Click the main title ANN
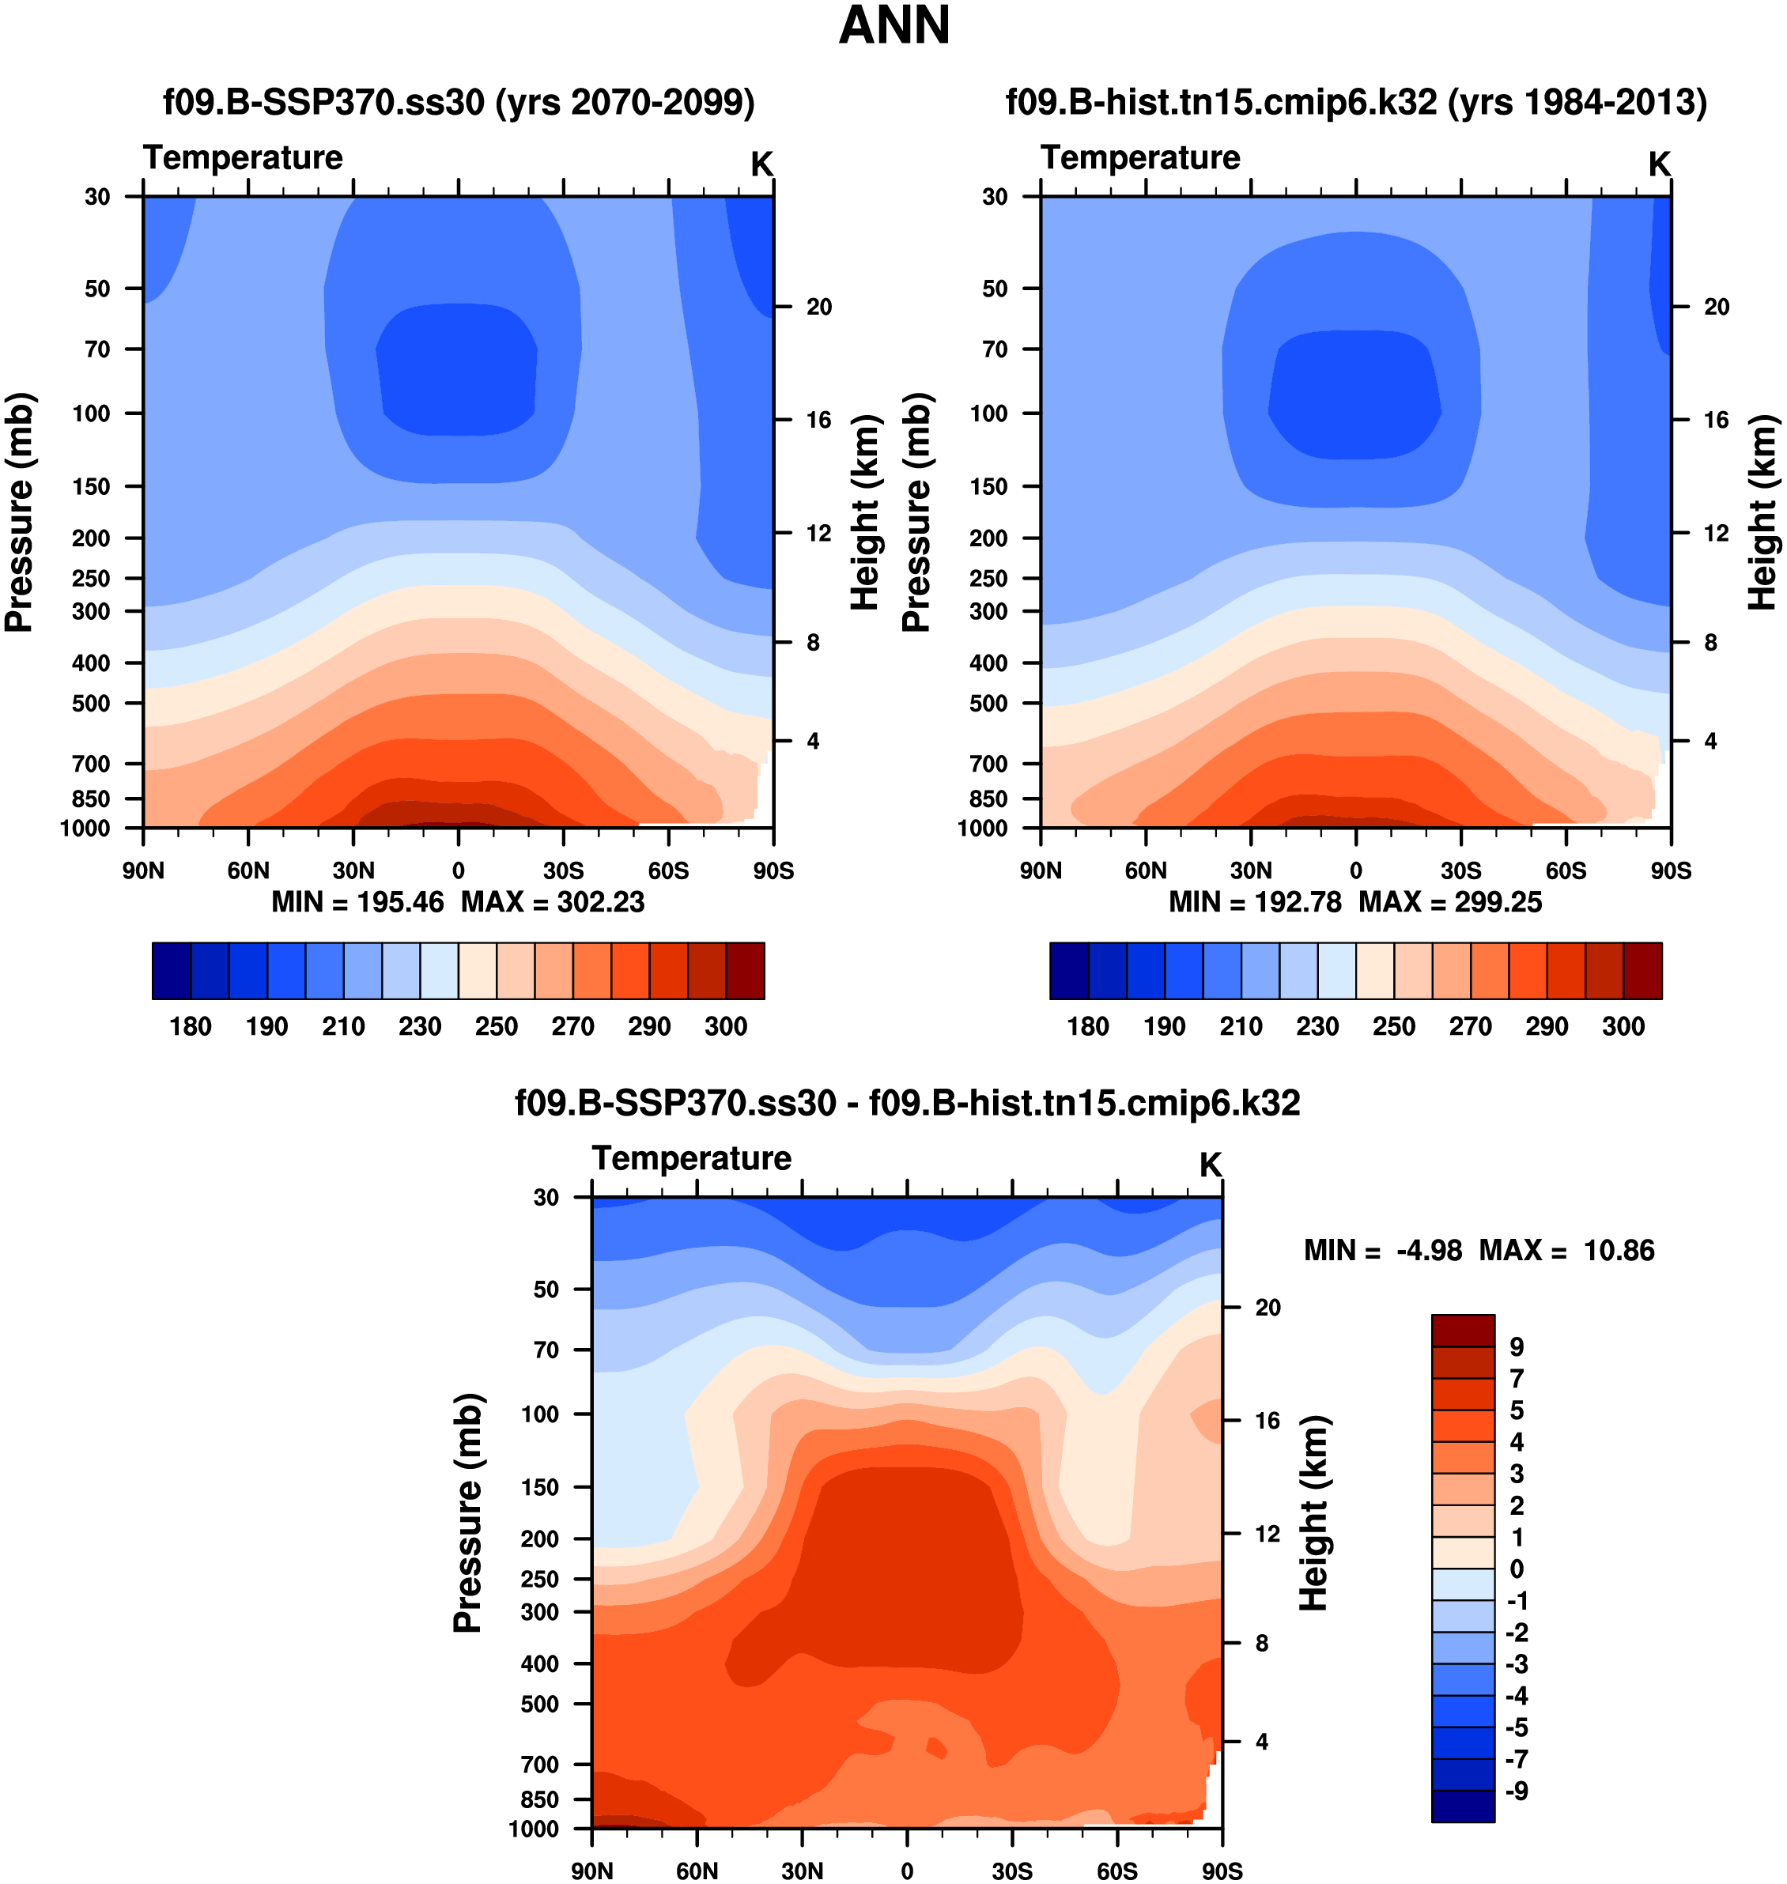893,26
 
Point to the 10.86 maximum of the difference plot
1619,1250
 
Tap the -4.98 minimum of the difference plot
1429,1250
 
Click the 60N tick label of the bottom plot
697,1871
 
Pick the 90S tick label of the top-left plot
773,870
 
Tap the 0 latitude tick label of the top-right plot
1355,870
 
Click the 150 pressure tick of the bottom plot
540,1487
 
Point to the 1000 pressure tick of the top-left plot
85,829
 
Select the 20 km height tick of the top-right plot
1717,307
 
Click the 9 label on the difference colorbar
1517,1347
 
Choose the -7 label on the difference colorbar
1517,1759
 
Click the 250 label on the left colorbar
497,1026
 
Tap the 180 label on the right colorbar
1088,1026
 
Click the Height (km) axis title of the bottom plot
1314,1512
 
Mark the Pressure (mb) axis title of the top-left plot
19,512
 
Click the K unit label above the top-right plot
1660,164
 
